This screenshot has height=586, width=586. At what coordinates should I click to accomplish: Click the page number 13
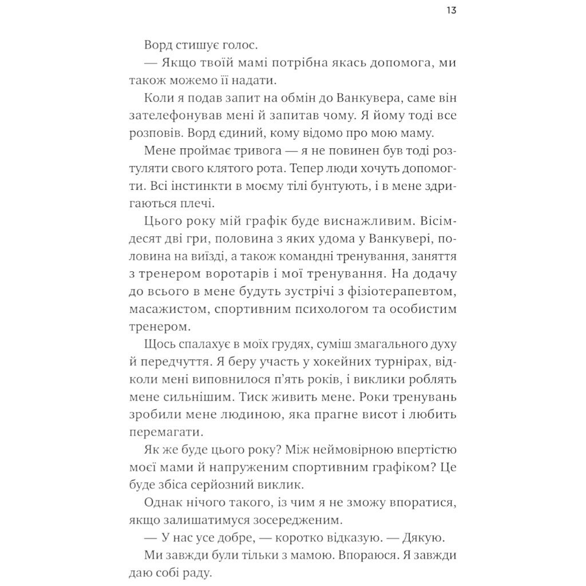point(450,11)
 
